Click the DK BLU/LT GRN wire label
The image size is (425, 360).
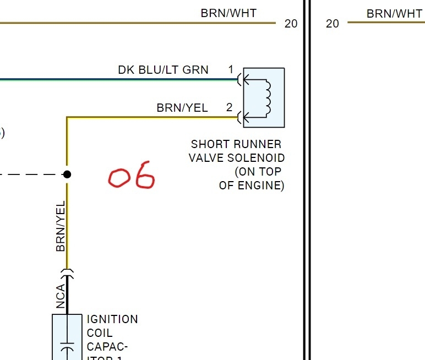[163, 70]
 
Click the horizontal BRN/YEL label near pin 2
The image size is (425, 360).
[182, 108]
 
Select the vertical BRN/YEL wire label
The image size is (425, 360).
[61, 226]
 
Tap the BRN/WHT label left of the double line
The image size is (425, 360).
[228, 13]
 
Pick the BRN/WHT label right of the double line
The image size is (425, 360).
[394, 14]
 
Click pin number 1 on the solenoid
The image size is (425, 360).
[231, 70]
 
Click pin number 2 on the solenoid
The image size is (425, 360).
[230, 108]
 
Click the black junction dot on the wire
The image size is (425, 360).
[67, 174]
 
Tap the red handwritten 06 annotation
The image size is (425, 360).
[132, 176]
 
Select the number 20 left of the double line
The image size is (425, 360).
[291, 24]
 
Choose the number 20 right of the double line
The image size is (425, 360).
[333, 24]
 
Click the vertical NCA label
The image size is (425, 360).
[61, 296]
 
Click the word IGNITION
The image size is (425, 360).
[112, 319]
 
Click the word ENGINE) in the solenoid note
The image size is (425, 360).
[261, 186]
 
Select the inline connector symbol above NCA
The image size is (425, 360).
[67, 272]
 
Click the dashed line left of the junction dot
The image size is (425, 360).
[30, 174]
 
